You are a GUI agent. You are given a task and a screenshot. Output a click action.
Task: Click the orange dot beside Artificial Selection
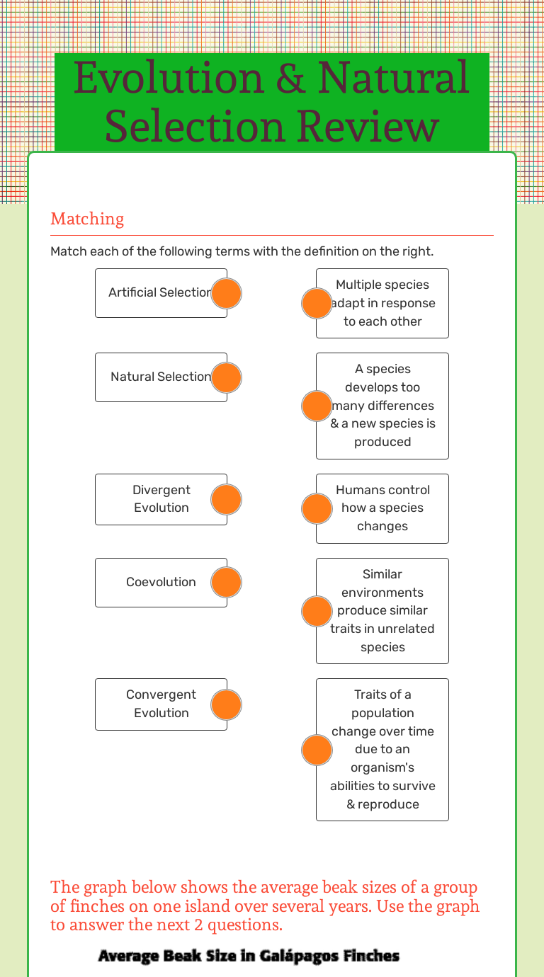[x=227, y=293]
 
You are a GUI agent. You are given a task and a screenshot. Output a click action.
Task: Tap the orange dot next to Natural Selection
[x=227, y=377]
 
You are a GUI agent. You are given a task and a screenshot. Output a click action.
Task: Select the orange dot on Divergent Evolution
[x=227, y=500]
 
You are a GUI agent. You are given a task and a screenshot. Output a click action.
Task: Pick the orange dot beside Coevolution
[x=227, y=582]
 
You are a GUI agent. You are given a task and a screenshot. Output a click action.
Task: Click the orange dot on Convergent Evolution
[x=227, y=704]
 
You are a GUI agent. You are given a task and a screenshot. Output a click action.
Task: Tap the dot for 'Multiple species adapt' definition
[x=317, y=303]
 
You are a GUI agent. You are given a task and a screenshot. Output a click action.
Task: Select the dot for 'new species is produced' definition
[x=317, y=406]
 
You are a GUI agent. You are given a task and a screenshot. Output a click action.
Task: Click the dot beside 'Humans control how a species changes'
[x=317, y=508]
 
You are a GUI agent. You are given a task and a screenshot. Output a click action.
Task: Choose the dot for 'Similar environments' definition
[x=317, y=611]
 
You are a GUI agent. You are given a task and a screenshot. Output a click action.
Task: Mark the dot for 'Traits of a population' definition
[x=317, y=750]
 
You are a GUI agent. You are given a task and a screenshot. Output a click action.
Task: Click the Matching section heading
[x=87, y=219]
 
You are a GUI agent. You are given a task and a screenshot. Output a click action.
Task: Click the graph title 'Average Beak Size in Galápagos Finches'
[x=249, y=956]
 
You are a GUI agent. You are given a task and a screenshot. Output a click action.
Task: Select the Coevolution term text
[x=161, y=582]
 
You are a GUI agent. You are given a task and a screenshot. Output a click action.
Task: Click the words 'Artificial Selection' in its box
[x=160, y=292]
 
